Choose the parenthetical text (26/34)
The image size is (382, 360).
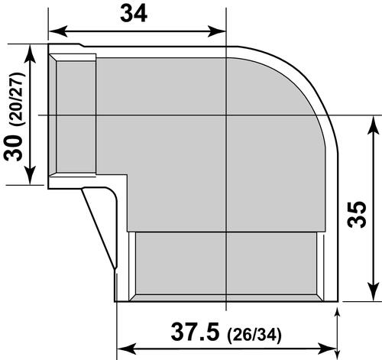coord(259,335)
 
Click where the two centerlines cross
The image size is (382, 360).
coord(226,115)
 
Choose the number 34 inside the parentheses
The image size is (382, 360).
coord(271,335)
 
